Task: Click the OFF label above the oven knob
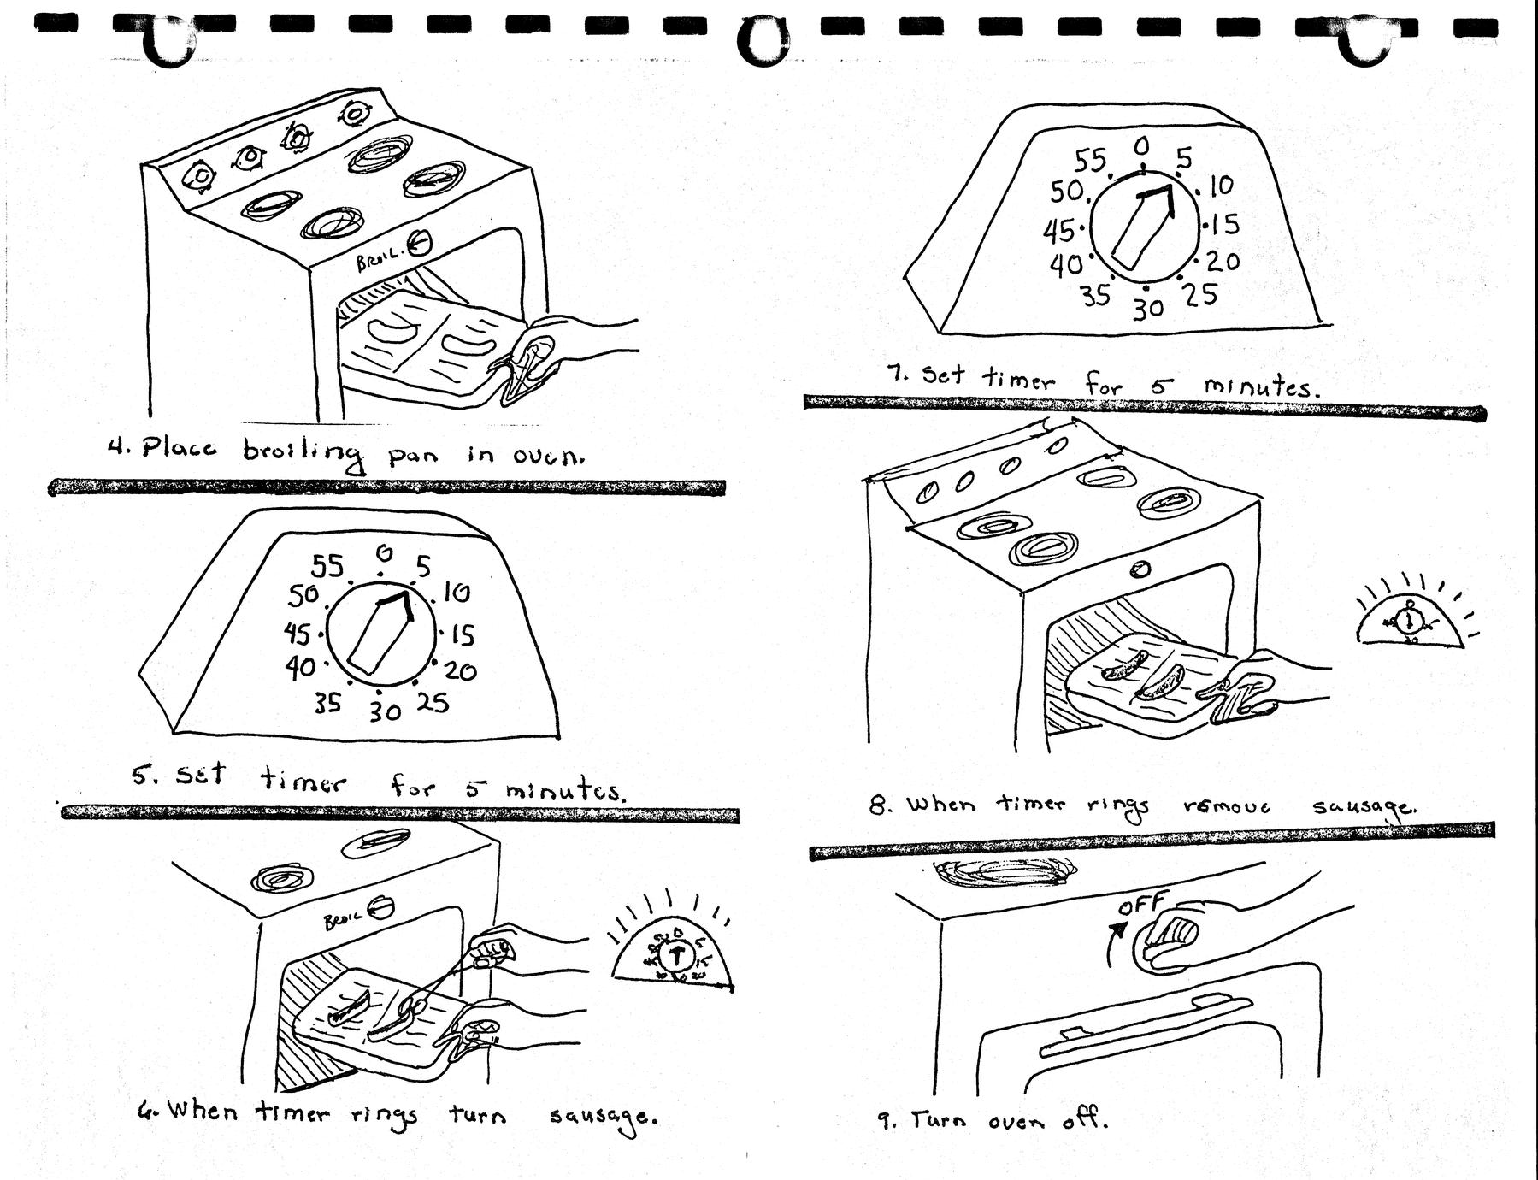tap(1142, 904)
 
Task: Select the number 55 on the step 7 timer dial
tap(1089, 161)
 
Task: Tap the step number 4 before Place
tap(117, 446)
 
